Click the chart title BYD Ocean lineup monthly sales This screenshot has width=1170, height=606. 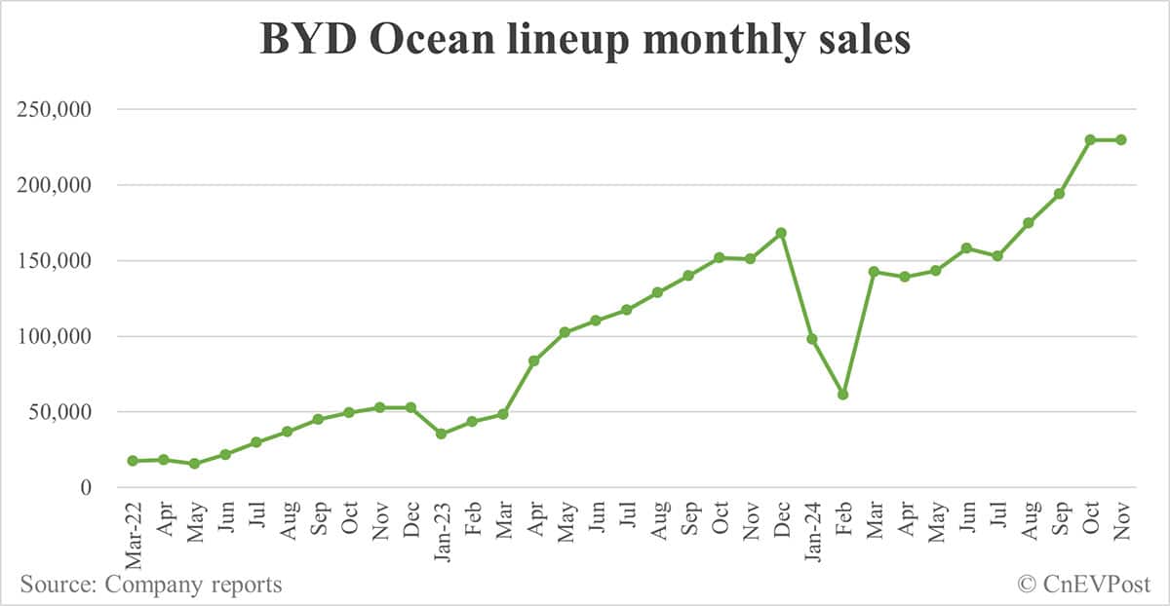pos(585,41)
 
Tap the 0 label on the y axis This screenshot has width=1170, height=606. pos(86,488)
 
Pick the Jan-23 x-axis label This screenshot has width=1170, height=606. pos(442,531)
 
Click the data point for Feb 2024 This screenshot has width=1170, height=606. pos(843,395)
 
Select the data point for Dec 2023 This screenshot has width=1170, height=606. pos(781,233)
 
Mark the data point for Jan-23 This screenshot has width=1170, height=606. pos(442,434)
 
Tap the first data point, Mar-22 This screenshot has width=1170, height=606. pos(133,461)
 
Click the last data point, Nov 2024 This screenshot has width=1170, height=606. pos(1121,139)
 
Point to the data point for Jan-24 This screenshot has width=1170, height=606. pos(812,339)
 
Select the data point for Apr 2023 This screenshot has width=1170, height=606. pos(534,360)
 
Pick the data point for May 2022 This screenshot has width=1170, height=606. pos(194,464)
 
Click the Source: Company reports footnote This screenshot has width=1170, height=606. pos(151,585)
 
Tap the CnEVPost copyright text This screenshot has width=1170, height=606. pos(1083,585)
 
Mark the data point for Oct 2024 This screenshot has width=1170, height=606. pos(1090,139)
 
